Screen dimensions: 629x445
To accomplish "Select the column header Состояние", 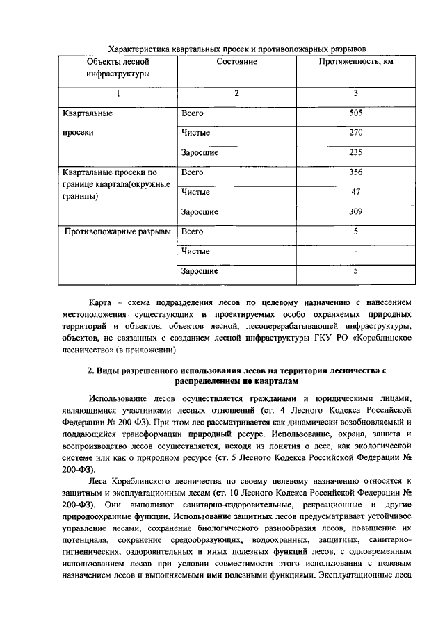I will click(237, 62).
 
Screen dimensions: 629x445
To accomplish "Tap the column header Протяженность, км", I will click(355, 62).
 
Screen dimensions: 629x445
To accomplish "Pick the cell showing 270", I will click(355, 132).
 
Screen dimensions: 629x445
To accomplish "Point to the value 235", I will click(355, 152).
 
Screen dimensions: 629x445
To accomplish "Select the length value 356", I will click(355, 172).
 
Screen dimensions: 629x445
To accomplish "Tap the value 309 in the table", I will click(355, 211).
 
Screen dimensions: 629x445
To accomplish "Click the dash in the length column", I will click(355, 251).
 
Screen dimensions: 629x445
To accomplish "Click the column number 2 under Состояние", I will click(236, 94).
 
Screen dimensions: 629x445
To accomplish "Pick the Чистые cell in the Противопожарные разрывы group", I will click(195, 251).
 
